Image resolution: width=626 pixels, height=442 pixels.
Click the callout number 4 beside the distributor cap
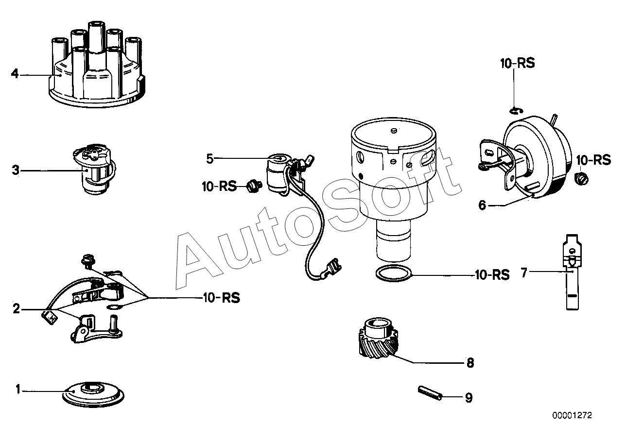(x=15, y=74)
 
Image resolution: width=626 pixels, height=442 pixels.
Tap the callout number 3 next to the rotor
(x=16, y=170)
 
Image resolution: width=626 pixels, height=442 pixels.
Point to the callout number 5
(x=209, y=158)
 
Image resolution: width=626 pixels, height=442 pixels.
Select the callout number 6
(x=482, y=205)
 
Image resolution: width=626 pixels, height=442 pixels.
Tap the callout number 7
(x=523, y=273)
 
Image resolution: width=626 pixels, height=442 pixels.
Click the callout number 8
(x=469, y=363)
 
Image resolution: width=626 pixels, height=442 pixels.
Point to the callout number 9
(x=469, y=398)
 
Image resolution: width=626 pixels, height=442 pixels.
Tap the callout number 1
(x=18, y=389)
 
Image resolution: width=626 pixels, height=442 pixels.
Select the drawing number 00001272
(x=572, y=416)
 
